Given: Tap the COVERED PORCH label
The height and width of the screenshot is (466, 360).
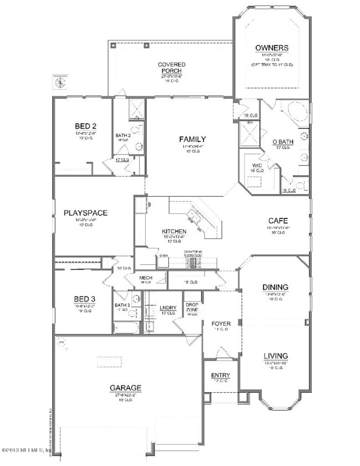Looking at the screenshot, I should (x=172, y=68).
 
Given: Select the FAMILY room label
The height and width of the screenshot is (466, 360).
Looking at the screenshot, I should (x=192, y=139).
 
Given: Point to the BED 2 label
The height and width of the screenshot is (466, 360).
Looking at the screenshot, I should (x=86, y=125).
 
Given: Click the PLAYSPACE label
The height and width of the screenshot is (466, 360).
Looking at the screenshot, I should (x=85, y=212).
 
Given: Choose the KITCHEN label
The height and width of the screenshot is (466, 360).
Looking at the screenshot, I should (x=173, y=231).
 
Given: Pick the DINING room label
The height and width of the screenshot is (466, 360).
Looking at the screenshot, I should (x=275, y=286).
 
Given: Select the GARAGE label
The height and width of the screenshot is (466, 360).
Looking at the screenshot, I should (x=126, y=387).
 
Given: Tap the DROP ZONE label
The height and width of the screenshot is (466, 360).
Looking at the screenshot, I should (x=192, y=307).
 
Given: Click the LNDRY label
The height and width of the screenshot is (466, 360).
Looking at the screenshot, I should (x=167, y=308).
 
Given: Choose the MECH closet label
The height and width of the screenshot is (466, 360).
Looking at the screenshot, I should (x=146, y=278).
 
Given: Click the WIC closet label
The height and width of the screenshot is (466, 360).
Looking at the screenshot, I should (x=257, y=165).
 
